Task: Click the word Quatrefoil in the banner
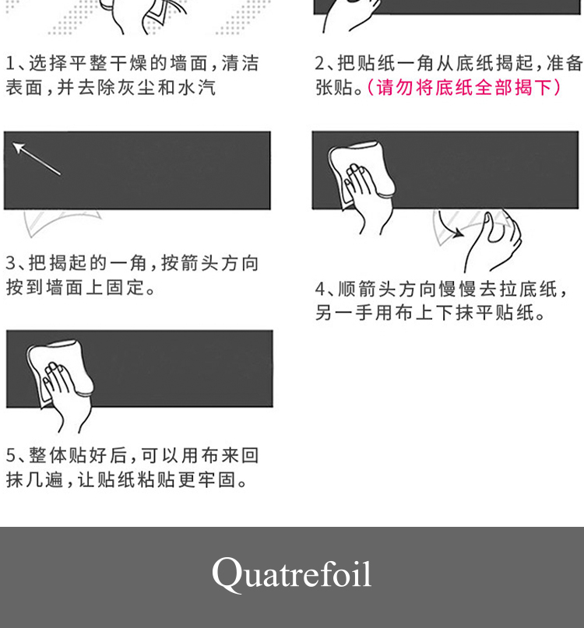[292, 574]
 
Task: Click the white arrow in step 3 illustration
[36, 158]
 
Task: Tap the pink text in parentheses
[464, 87]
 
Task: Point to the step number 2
[320, 63]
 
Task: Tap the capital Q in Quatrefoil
[225, 574]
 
